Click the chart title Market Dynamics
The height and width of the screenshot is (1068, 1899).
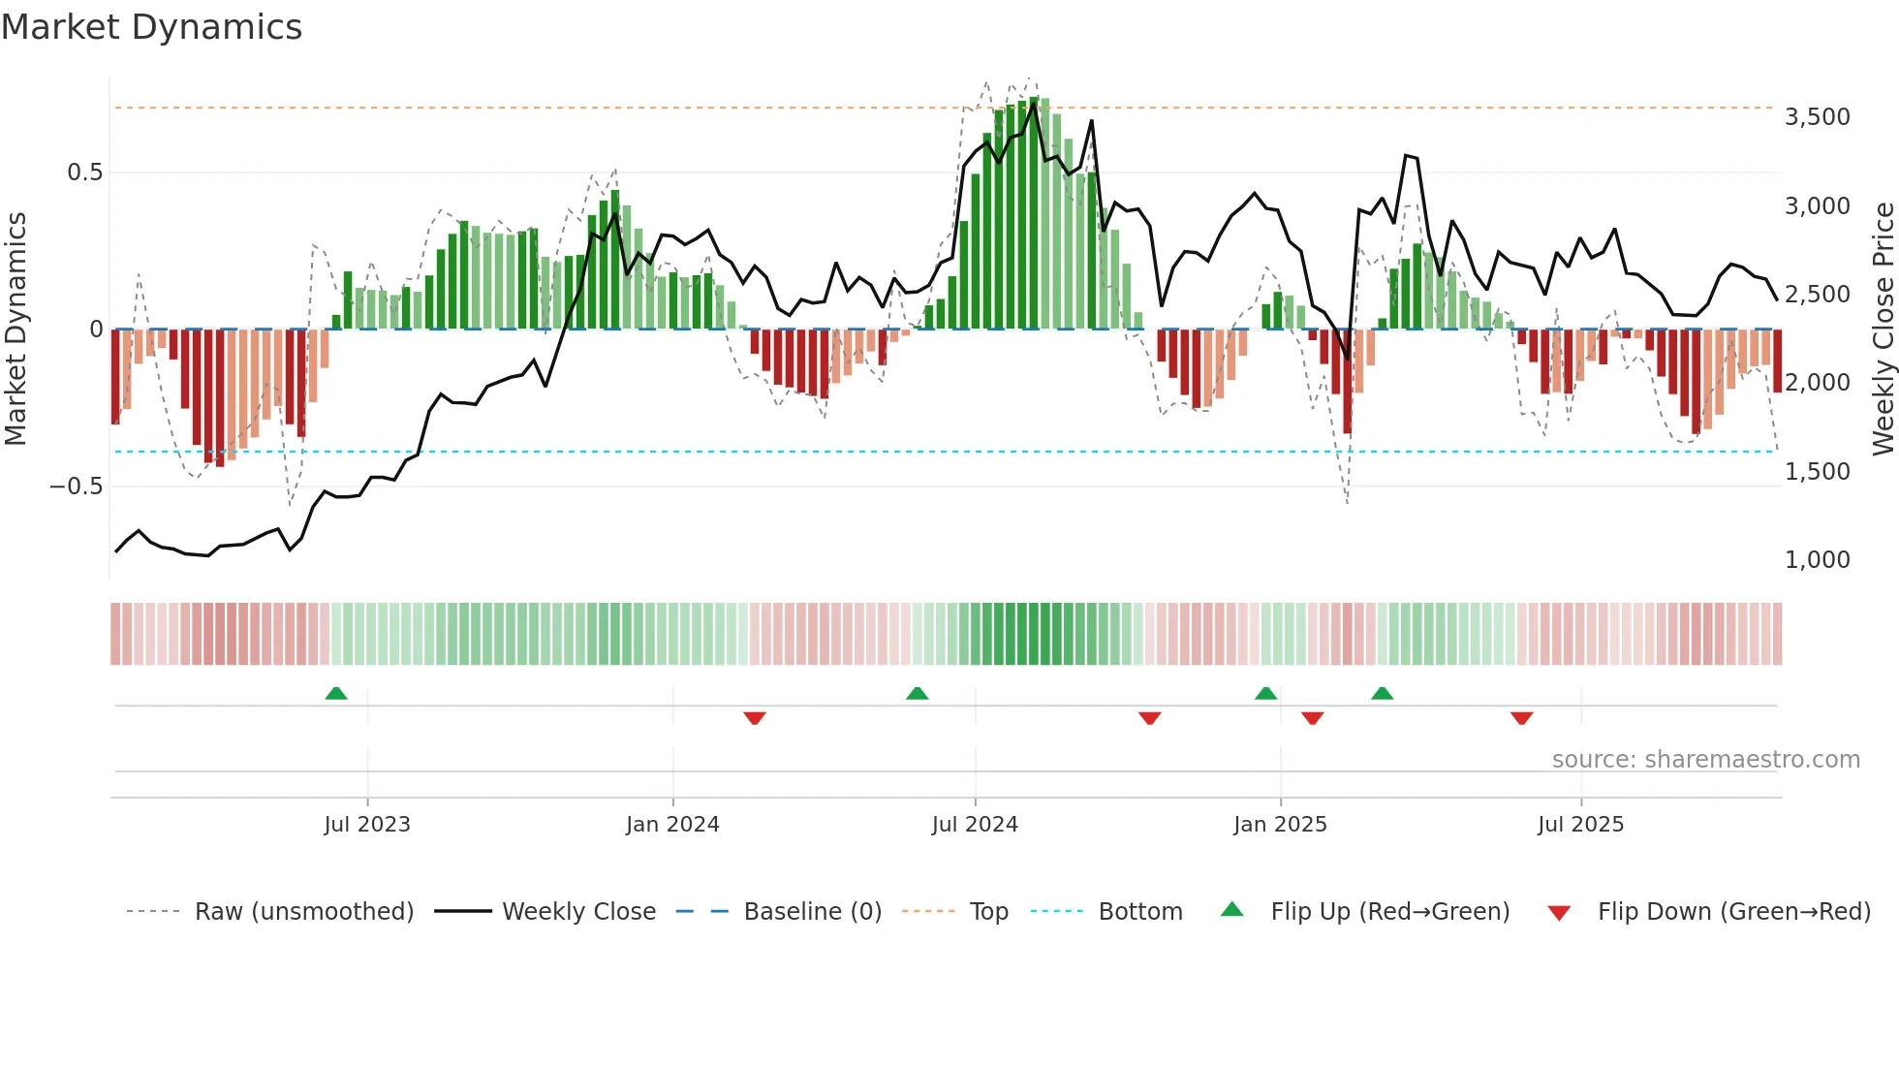[151, 27]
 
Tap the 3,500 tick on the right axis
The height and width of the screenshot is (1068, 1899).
[1817, 117]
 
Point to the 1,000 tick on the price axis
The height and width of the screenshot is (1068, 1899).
[1817, 560]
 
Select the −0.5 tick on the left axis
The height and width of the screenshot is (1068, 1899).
[76, 487]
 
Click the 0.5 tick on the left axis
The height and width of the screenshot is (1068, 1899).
[84, 173]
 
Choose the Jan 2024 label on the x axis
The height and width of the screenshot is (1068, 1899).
[672, 825]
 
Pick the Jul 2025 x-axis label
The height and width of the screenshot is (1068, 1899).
[1580, 825]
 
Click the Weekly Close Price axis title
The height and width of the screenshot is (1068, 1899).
[1883, 330]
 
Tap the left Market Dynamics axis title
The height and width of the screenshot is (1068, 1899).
[16, 330]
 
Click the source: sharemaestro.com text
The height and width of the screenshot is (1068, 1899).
[1705, 760]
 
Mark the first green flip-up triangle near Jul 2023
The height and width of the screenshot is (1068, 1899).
[336, 694]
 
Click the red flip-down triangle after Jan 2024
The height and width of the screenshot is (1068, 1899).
[755, 718]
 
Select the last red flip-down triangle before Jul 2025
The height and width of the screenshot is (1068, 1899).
[1521, 718]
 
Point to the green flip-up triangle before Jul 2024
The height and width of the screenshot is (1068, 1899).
[917, 694]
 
